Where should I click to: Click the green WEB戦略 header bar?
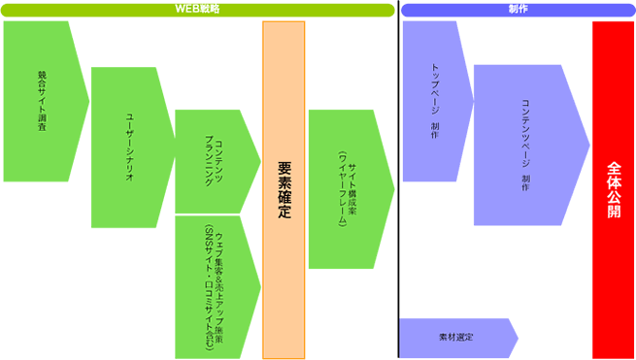(197, 10)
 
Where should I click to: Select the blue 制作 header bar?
(518, 10)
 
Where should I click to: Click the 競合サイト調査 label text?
(42, 101)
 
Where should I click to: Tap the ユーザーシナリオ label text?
(129, 147)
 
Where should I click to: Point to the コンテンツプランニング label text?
(214, 162)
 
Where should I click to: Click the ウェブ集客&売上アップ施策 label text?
(215, 286)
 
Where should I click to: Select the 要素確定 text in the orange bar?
(285, 190)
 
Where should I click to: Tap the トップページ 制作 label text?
(434, 101)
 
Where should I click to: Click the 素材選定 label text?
(456, 338)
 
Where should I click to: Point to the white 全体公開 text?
(614, 190)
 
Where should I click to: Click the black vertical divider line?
(398, 180)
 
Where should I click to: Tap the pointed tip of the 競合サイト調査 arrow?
(89, 101)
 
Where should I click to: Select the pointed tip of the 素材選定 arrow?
(519, 338)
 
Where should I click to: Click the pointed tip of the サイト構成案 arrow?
(394, 189)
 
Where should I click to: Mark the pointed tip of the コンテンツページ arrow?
(590, 145)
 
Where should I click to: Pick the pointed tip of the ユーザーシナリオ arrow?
(175, 147)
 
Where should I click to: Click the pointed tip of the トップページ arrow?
(474, 101)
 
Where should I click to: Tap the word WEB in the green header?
(184, 10)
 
